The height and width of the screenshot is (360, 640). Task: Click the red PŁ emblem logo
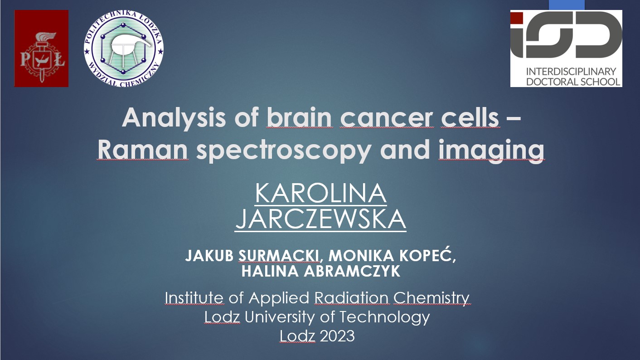(41, 49)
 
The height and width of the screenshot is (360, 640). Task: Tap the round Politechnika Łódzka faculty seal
(123, 49)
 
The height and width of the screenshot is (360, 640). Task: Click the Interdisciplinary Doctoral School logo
(566, 49)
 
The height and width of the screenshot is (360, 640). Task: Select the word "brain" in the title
(299, 118)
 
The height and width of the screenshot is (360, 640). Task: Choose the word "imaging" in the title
(491, 151)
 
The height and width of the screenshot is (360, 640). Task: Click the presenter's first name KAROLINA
(320, 194)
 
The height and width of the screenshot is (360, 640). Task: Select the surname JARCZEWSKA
(320, 220)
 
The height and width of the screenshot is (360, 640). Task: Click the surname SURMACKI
(279, 256)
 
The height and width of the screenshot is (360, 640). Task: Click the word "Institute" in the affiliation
(194, 298)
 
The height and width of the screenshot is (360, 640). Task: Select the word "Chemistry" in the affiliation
(432, 298)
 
